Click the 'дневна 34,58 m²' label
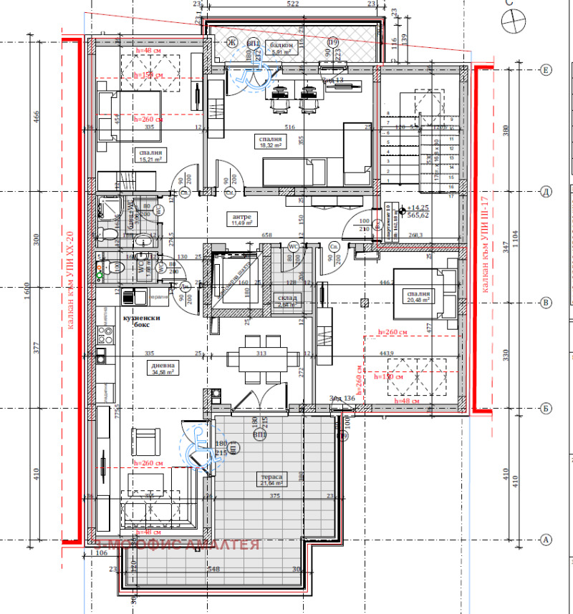pos(163,367)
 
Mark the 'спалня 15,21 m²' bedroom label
pos(150,156)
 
